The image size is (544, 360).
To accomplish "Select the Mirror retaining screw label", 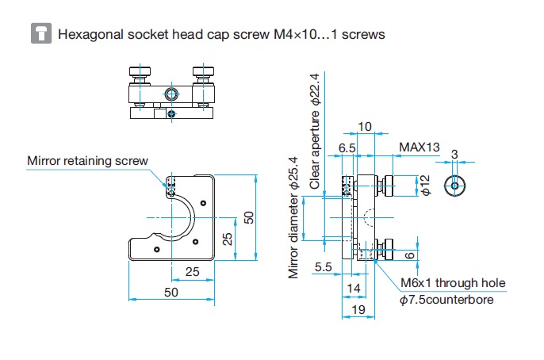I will click(87, 160).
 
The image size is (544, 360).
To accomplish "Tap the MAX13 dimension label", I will click(419, 147).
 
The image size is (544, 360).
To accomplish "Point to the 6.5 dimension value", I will click(347, 147).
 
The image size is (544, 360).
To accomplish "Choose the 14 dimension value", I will click(353, 288).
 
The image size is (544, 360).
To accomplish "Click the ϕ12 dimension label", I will click(424, 186).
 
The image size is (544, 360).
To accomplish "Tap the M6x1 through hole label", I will click(453, 283).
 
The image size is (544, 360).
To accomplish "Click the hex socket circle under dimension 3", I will click(454, 185).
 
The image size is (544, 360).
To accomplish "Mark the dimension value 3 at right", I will click(454, 153).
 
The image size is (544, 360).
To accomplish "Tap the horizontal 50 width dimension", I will click(170, 292).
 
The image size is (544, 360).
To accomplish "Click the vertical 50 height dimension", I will click(249, 217).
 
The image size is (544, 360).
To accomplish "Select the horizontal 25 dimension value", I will click(191, 272).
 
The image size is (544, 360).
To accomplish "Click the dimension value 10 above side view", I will click(365, 127).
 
